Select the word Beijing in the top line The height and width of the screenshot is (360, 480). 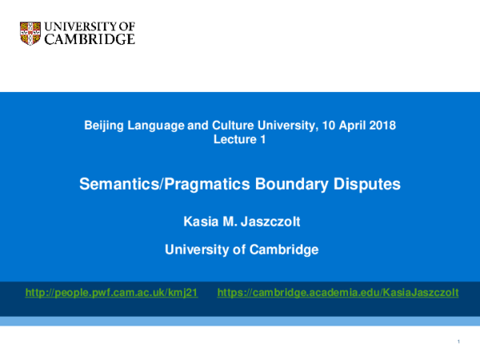104,125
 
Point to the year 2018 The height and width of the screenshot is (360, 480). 382,125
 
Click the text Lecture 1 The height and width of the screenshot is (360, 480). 239,139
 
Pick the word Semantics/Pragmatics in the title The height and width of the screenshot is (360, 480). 152,185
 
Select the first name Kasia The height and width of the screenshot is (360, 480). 200,220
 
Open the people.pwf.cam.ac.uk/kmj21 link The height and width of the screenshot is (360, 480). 111,293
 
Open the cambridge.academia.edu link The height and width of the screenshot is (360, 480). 338,293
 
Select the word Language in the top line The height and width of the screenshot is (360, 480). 158,125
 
